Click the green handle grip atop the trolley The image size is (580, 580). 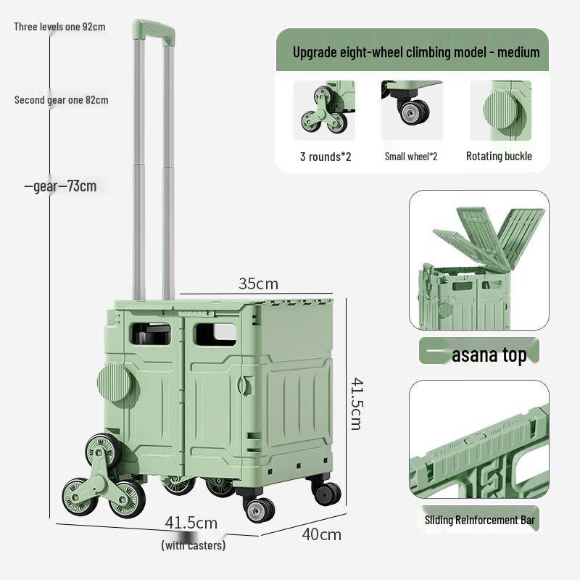pyautogui.click(x=152, y=31)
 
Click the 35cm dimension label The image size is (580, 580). pyautogui.click(x=259, y=283)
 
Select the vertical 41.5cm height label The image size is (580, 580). pyautogui.click(x=355, y=402)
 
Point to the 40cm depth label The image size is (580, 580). pyautogui.click(x=322, y=534)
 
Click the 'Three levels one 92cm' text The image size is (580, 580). pyautogui.click(x=60, y=27)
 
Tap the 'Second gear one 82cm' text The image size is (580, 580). pyautogui.click(x=62, y=100)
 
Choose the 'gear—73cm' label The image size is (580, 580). pyautogui.click(x=60, y=186)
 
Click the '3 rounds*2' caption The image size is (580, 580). pyautogui.click(x=326, y=156)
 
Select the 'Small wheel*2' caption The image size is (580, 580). pyautogui.click(x=411, y=156)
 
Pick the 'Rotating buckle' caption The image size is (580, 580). pyautogui.click(x=499, y=156)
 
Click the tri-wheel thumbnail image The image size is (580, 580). pyautogui.click(x=324, y=110)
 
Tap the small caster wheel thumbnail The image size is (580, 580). pyautogui.click(x=412, y=110)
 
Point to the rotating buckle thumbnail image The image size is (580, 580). pyautogui.click(x=500, y=110)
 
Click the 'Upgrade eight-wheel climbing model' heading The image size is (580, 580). pyautogui.click(x=416, y=52)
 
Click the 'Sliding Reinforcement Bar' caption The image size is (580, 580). pyautogui.click(x=479, y=519)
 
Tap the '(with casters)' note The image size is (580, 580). pyautogui.click(x=193, y=545)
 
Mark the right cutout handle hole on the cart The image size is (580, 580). pyautogui.click(x=215, y=333)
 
